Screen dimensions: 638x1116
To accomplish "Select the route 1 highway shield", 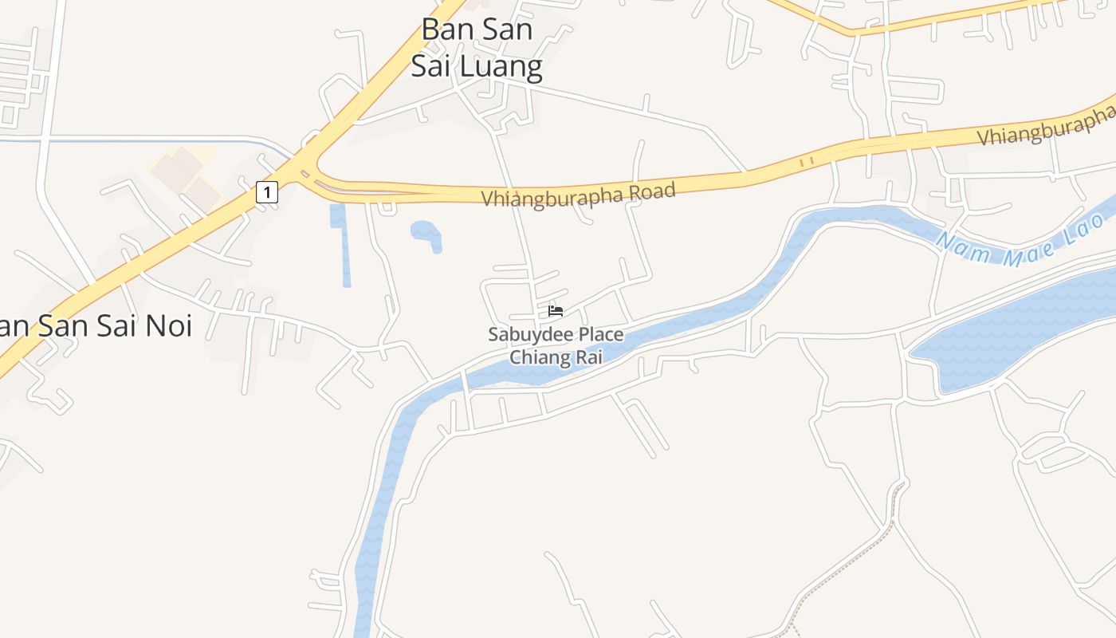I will point(267,191).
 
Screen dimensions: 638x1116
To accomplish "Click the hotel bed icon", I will point(556,310).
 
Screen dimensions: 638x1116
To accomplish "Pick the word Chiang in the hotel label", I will point(540,357).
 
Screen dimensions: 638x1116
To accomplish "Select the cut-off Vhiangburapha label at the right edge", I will point(1046,128).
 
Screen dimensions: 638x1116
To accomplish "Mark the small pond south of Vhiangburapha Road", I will point(426,234).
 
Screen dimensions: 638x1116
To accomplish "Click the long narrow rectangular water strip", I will point(342,243).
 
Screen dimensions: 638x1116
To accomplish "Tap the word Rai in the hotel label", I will point(588,357).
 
